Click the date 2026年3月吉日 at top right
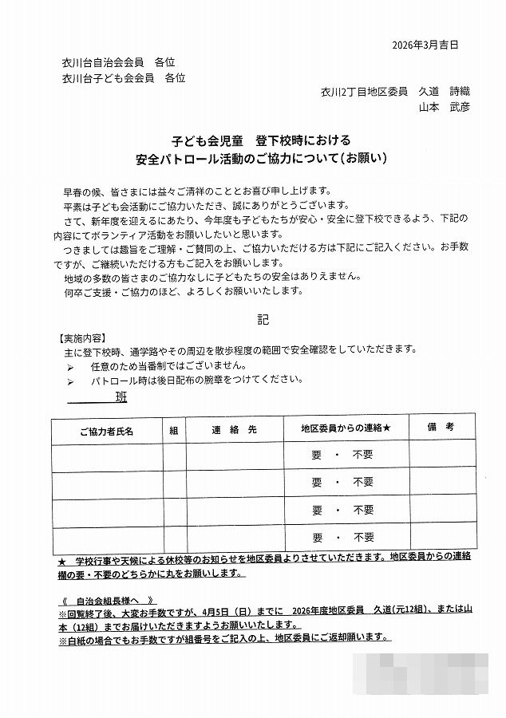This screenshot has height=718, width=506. pyautogui.click(x=426, y=45)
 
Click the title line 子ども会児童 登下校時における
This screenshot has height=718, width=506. pyautogui.click(x=260, y=140)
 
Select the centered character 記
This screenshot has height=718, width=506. pyautogui.click(x=263, y=319)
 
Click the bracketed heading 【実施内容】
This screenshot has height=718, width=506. pyautogui.click(x=83, y=337)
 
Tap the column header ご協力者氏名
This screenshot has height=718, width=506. pyautogui.click(x=107, y=430)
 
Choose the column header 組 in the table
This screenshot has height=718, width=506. pyautogui.click(x=174, y=429)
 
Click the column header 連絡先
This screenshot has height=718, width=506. pyautogui.click(x=234, y=429)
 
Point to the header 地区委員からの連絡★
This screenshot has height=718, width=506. pyautogui.click(x=346, y=429)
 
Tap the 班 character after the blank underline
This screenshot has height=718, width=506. pyautogui.click(x=121, y=397)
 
